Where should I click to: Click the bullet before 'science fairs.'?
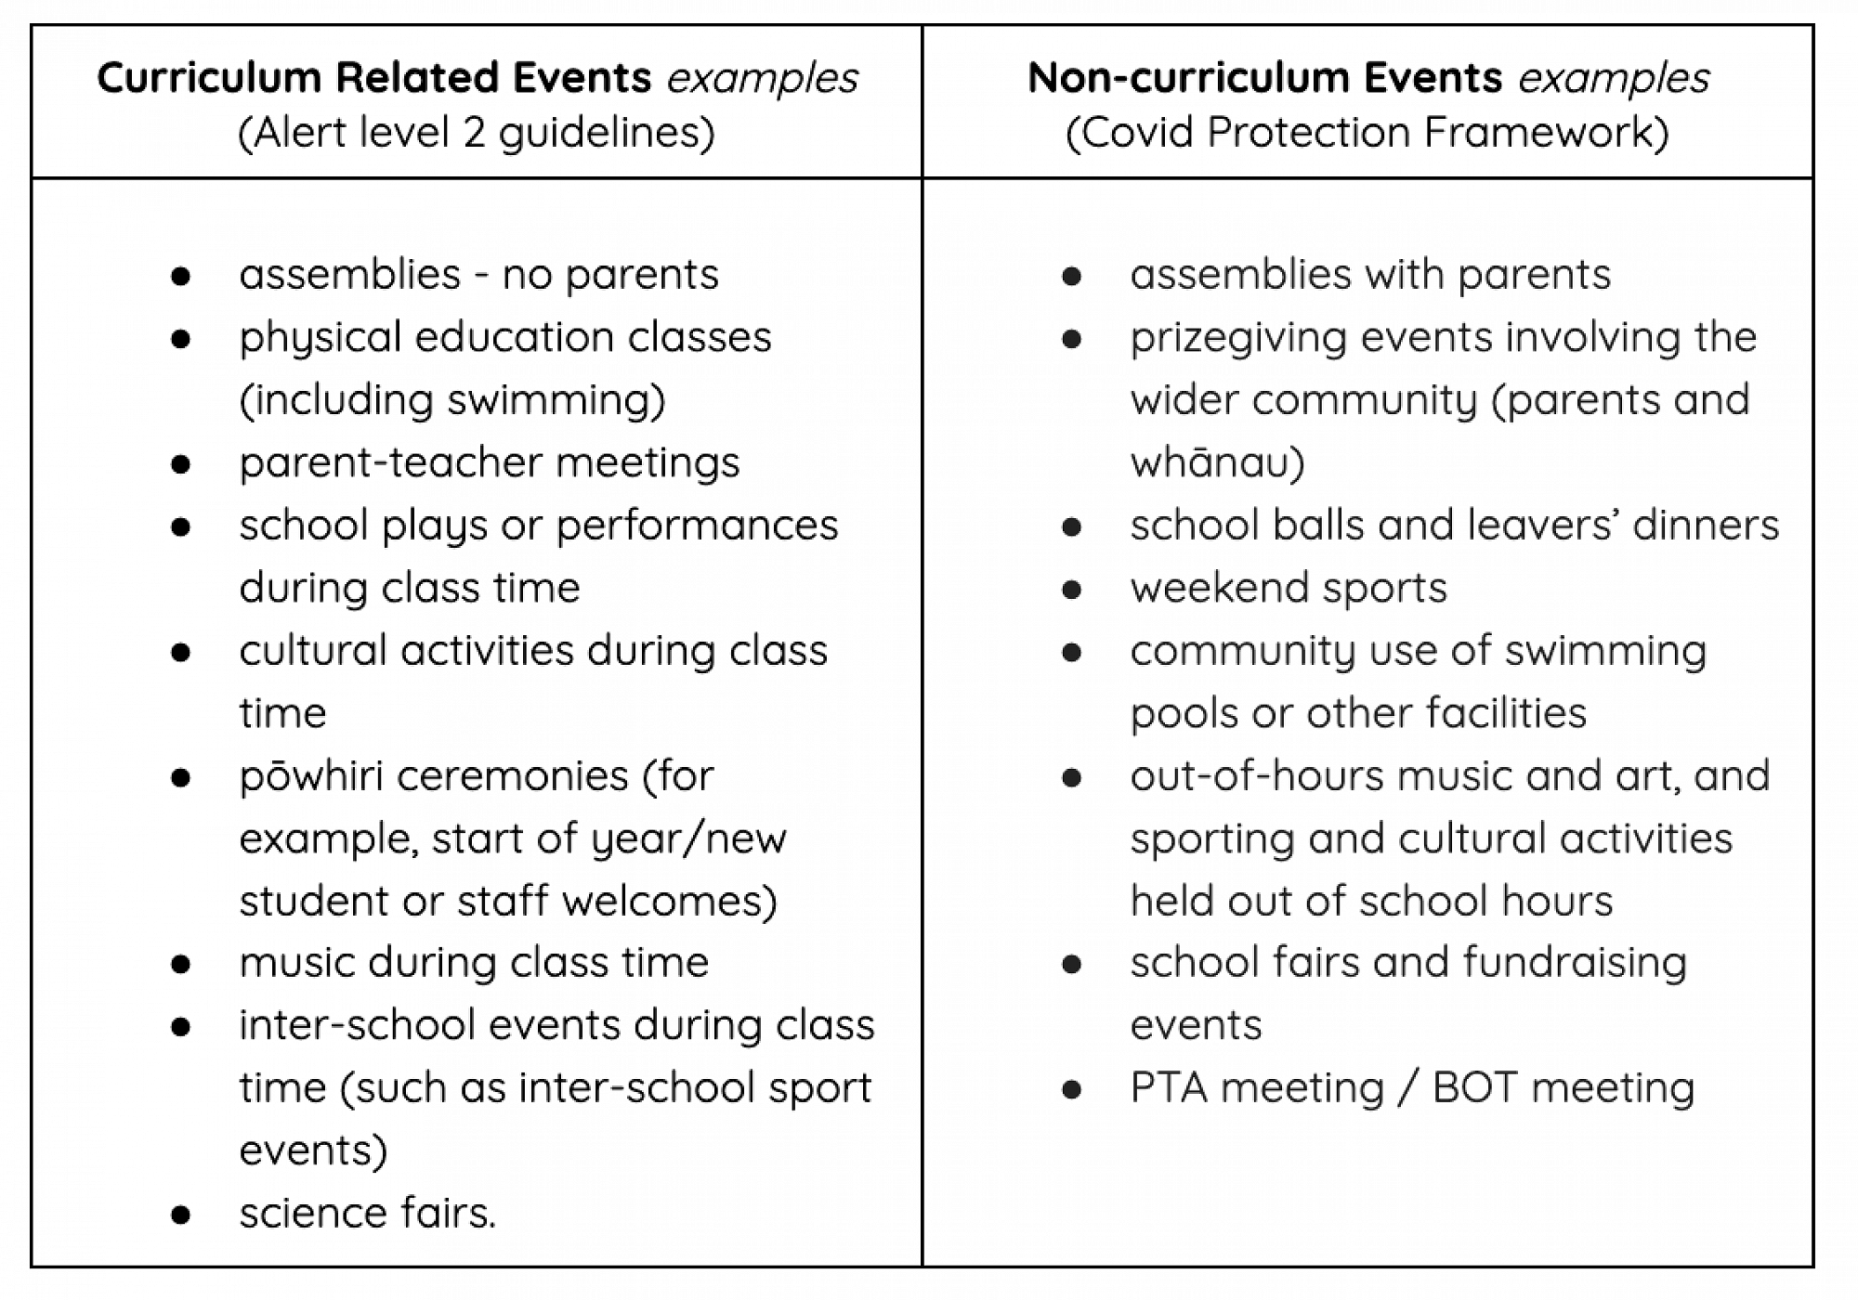(x=181, y=1215)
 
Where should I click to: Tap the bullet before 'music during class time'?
(x=181, y=964)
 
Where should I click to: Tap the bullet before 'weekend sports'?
(x=1071, y=590)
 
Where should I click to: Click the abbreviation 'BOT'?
(x=1473, y=1088)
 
